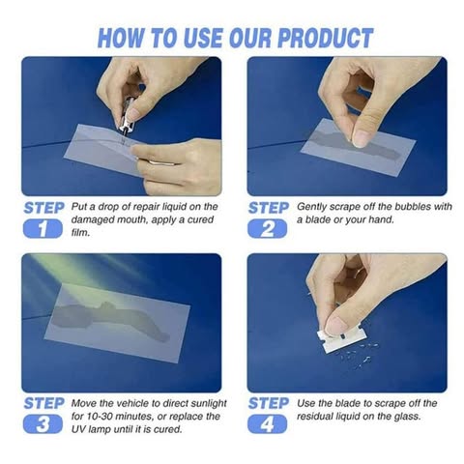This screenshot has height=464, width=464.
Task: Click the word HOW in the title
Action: (x=125, y=38)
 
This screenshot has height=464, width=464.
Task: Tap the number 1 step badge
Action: (x=43, y=229)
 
